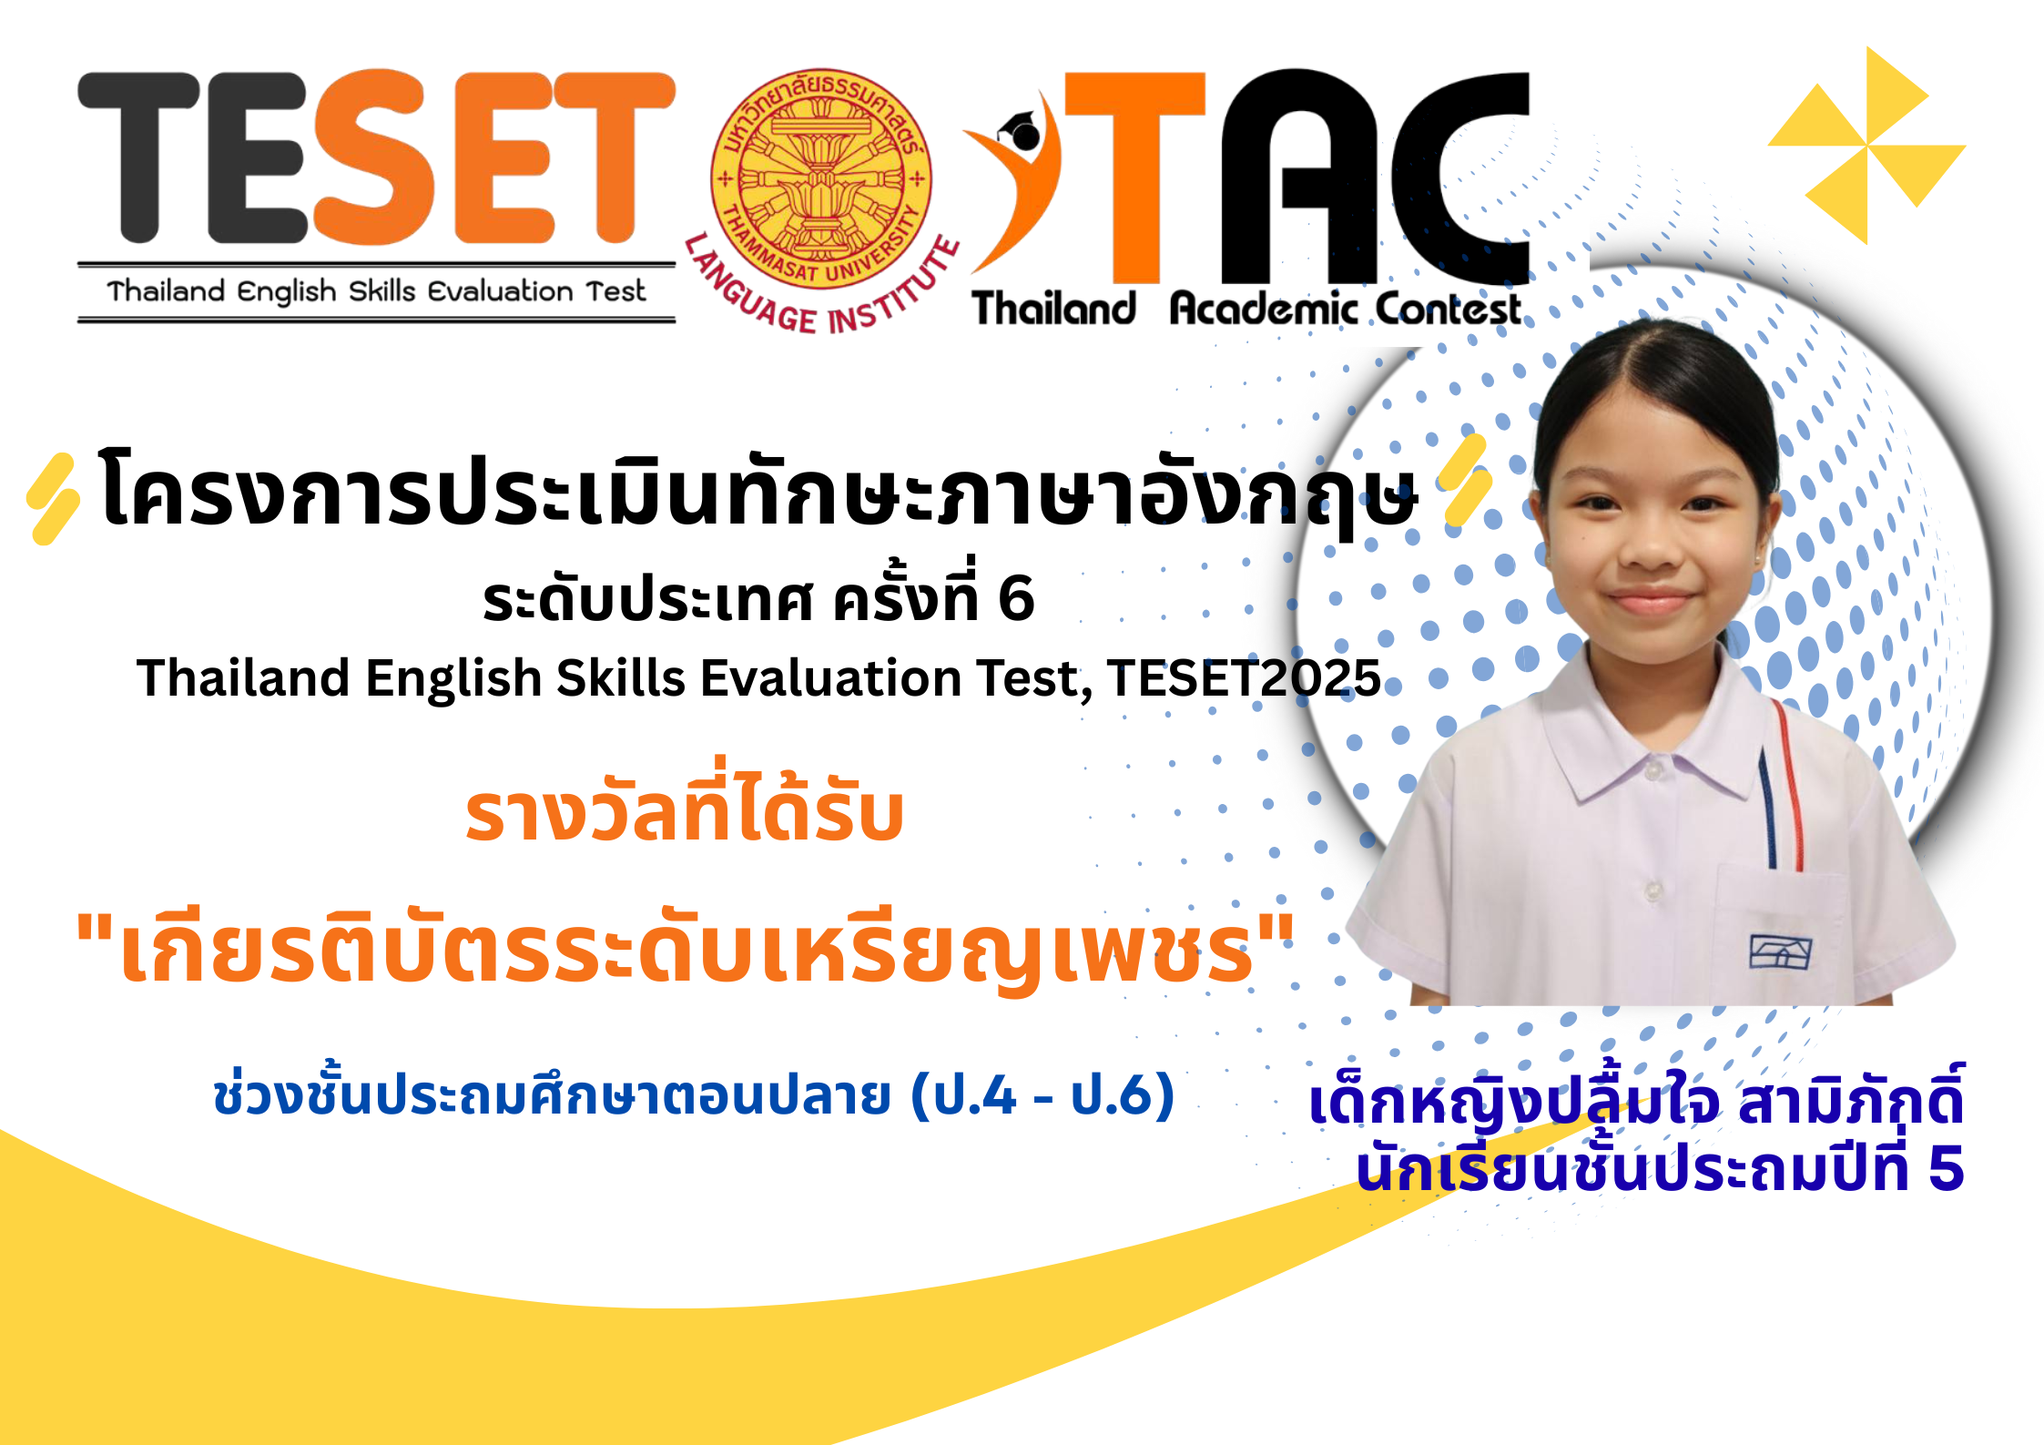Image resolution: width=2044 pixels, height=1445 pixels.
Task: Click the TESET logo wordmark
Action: click(377, 157)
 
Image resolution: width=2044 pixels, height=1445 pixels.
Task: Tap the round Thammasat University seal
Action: click(821, 178)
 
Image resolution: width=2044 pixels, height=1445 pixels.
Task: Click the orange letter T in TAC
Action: click(1135, 177)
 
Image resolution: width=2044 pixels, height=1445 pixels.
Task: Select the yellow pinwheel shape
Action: click(1866, 146)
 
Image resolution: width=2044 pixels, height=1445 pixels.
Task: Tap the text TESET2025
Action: click(1245, 677)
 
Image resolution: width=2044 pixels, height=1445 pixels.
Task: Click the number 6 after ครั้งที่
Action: click(1016, 599)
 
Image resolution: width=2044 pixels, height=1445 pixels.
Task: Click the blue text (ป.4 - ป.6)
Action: click(1042, 1094)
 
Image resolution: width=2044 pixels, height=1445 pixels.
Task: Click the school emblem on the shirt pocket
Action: click(1780, 952)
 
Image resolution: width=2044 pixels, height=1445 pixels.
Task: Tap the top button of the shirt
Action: click(1652, 771)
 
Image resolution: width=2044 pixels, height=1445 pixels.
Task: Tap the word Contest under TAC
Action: click(1447, 309)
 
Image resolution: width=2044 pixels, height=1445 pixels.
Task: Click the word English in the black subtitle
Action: click(453, 679)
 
